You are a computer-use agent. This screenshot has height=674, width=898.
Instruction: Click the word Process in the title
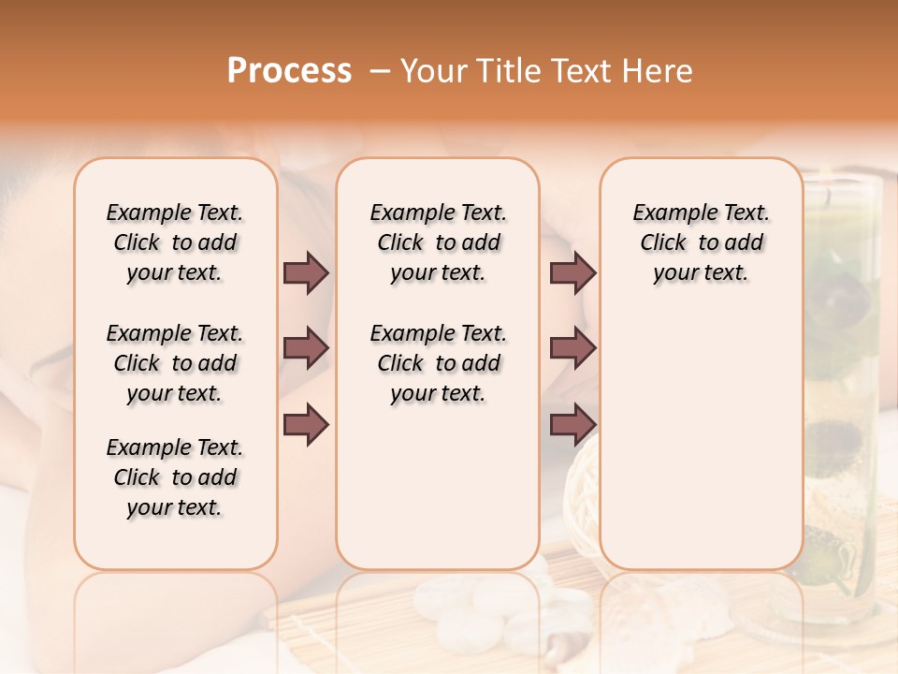click(289, 71)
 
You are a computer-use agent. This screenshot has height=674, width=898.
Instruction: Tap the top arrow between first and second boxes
click(306, 273)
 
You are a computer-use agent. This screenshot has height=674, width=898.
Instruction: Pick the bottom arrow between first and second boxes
click(306, 424)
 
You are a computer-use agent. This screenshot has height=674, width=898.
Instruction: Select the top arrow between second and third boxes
click(572, 273)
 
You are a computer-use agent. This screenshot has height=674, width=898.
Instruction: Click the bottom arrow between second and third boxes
click(572, 424)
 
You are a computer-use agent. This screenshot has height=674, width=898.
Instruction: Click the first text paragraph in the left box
click(175, 242)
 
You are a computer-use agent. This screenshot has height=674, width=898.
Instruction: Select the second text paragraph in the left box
click(175, 363)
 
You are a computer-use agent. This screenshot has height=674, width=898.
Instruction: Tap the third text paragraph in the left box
click(175, 477)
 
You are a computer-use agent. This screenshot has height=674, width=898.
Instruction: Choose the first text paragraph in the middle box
click(438, 242)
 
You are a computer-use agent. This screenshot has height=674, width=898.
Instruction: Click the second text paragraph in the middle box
click(438, 363)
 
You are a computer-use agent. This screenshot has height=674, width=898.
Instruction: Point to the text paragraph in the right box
click(701, 242)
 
